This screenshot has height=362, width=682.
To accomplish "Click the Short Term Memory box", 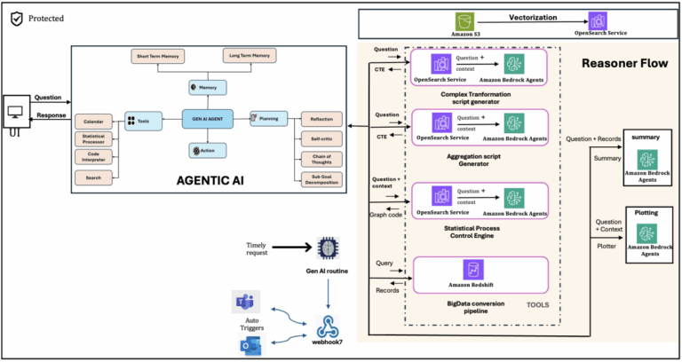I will (x=157, y=56).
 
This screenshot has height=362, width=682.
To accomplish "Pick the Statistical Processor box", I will (x=92, y=138).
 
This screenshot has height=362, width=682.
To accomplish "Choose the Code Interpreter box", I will (x=92, y=157).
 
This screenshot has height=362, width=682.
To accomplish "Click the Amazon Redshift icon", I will (x=472, y=270).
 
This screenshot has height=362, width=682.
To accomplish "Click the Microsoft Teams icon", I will (x=246, y=303).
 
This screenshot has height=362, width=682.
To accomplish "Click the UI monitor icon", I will (x=16, y=114).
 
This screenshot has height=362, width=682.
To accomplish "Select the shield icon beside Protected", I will (x=15, y=17).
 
